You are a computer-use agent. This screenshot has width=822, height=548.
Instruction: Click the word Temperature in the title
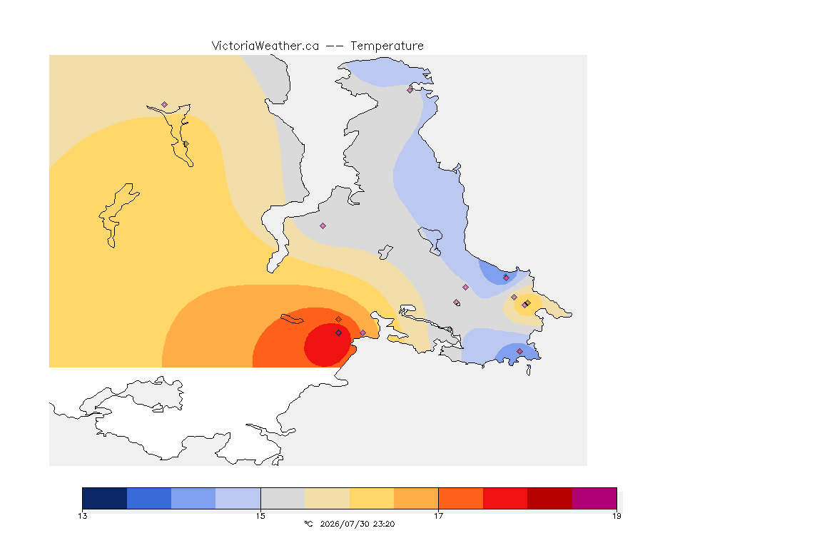[x=387, y=46]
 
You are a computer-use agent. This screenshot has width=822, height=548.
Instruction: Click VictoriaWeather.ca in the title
[x=265, y=46]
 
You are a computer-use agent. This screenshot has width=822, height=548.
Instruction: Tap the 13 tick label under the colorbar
[x=83, y=516]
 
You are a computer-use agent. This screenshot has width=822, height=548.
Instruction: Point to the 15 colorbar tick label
[x=260, y=516]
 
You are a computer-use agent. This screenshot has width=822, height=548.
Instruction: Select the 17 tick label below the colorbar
[x=438, y=516]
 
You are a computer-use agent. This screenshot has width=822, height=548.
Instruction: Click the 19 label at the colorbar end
[x=616, y=516]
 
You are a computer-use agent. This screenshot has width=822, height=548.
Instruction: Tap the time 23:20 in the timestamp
[x=385, y=524]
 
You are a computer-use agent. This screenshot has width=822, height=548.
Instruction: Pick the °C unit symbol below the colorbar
[x=308, y=524]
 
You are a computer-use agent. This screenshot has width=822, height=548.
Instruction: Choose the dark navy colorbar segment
[x=105, y=498]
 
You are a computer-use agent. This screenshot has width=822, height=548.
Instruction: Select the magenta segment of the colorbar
[x=594, y=498]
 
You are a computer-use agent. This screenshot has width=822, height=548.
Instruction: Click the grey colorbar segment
[x=283, y=498]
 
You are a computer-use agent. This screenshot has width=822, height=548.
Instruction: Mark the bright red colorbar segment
[x=505, y=498]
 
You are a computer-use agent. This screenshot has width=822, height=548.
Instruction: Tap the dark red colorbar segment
[x=550, y=498]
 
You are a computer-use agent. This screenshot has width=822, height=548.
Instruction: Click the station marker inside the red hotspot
[x=339, y=333]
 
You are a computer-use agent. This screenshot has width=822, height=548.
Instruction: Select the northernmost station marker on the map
[x=410, y=90]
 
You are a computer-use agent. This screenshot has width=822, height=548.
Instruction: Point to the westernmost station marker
[x=165, y=105]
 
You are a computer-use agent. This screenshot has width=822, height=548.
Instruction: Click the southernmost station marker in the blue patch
[x=520, y=351]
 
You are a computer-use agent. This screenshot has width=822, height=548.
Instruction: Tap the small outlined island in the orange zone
[x=292, y=319]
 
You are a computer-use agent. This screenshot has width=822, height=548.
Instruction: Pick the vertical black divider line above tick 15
[x=260, y=498]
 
